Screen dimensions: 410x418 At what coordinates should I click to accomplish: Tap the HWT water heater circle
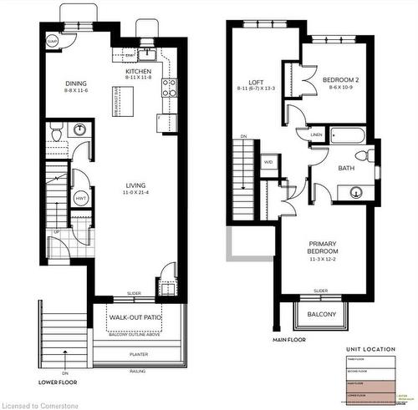tap(81, 198)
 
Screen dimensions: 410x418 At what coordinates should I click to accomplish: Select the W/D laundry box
tap(268, 161)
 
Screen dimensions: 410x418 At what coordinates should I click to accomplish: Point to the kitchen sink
tap(148, 55)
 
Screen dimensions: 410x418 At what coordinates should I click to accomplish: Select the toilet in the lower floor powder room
tap(55, 134)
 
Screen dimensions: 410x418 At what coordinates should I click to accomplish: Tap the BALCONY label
tap(321, 315)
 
